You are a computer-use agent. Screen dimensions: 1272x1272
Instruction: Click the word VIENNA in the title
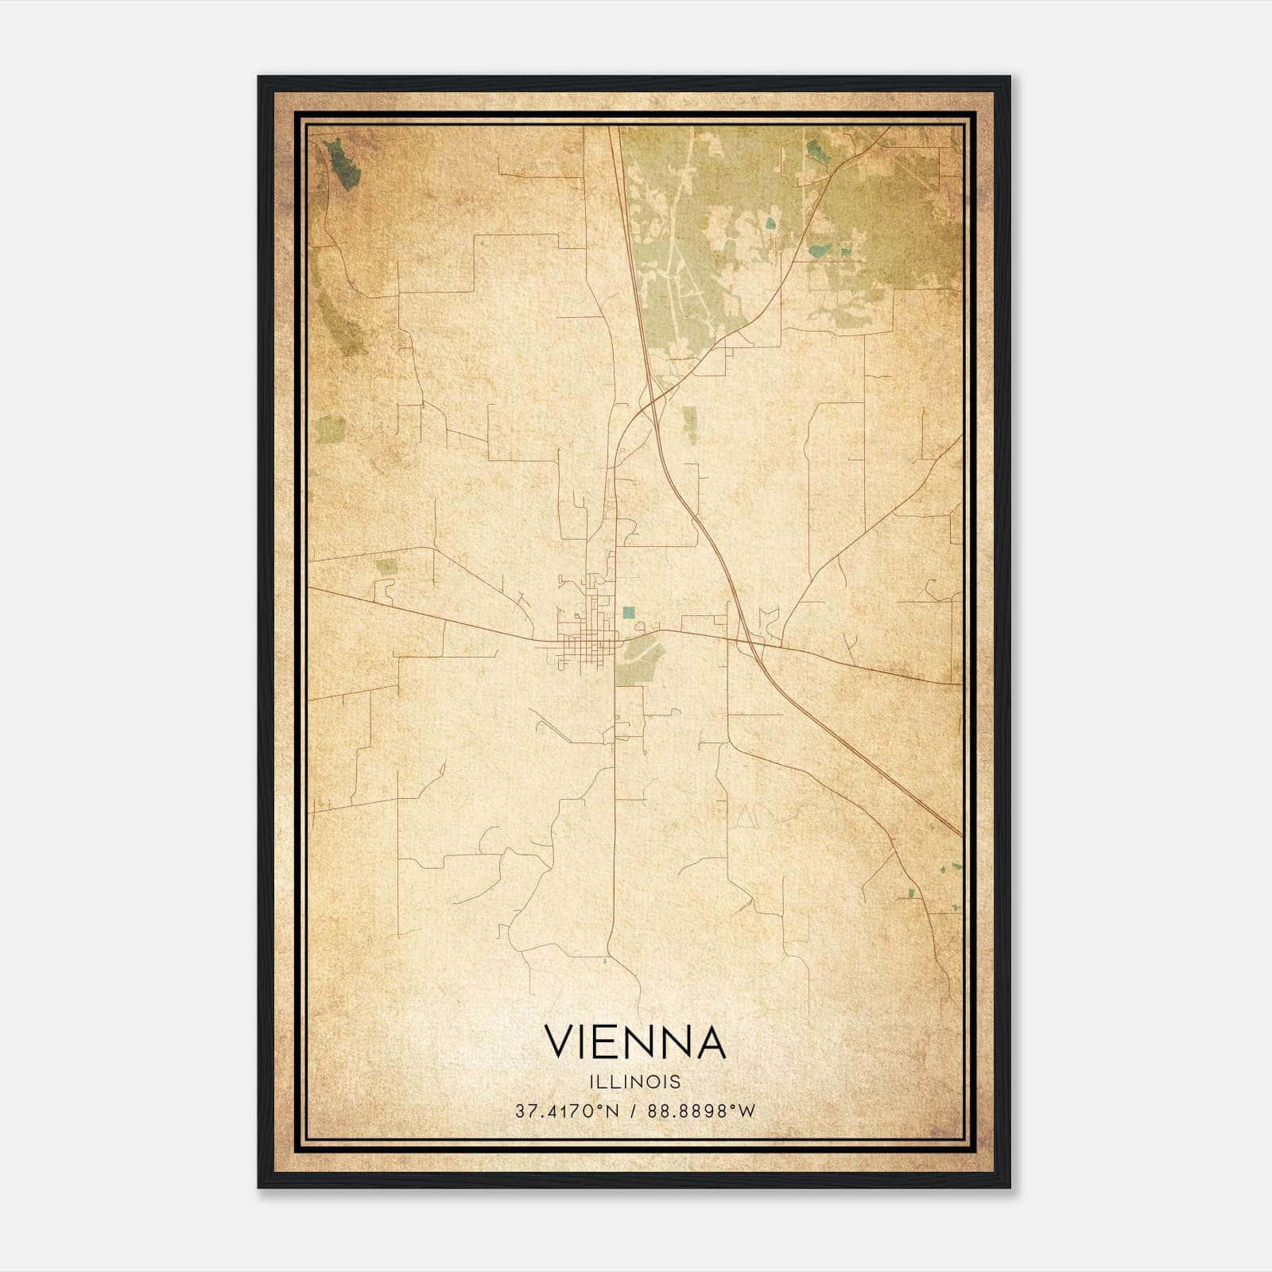click(634, 1042)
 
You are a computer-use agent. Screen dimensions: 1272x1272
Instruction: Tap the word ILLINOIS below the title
click(635, 1081)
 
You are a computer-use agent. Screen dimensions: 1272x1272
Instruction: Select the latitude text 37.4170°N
click(567, 1111)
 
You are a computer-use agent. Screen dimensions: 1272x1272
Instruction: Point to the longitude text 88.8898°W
click(700, 1111)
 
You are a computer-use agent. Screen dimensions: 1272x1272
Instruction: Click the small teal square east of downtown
click(629, 612)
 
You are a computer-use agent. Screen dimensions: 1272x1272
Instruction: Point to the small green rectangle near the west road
click(386, 566)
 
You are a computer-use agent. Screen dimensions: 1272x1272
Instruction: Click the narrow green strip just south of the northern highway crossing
click(690, 425)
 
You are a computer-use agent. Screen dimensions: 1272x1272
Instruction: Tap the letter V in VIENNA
click(559, 1042)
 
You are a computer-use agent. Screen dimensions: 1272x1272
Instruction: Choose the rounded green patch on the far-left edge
click(330, 429)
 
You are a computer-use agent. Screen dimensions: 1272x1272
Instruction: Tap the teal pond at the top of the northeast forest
click(814, 150)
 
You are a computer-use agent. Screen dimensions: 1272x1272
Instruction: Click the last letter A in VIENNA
click(711, 1042)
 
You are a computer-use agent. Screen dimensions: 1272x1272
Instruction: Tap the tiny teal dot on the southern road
click(606, 962)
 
